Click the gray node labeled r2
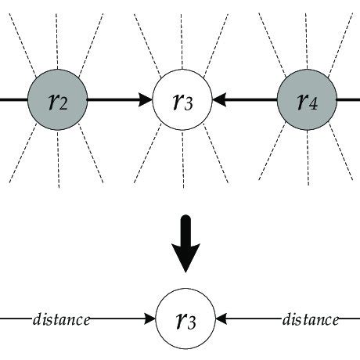click(57, 101)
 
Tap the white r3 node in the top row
click(182, 101)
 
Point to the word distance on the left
click(61, 319)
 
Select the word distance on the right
click(310, 319)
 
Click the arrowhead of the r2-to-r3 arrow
click(146, 101)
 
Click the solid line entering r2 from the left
click(13, 101)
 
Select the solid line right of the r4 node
click(347, 101)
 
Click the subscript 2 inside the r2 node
click(65, 106)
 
